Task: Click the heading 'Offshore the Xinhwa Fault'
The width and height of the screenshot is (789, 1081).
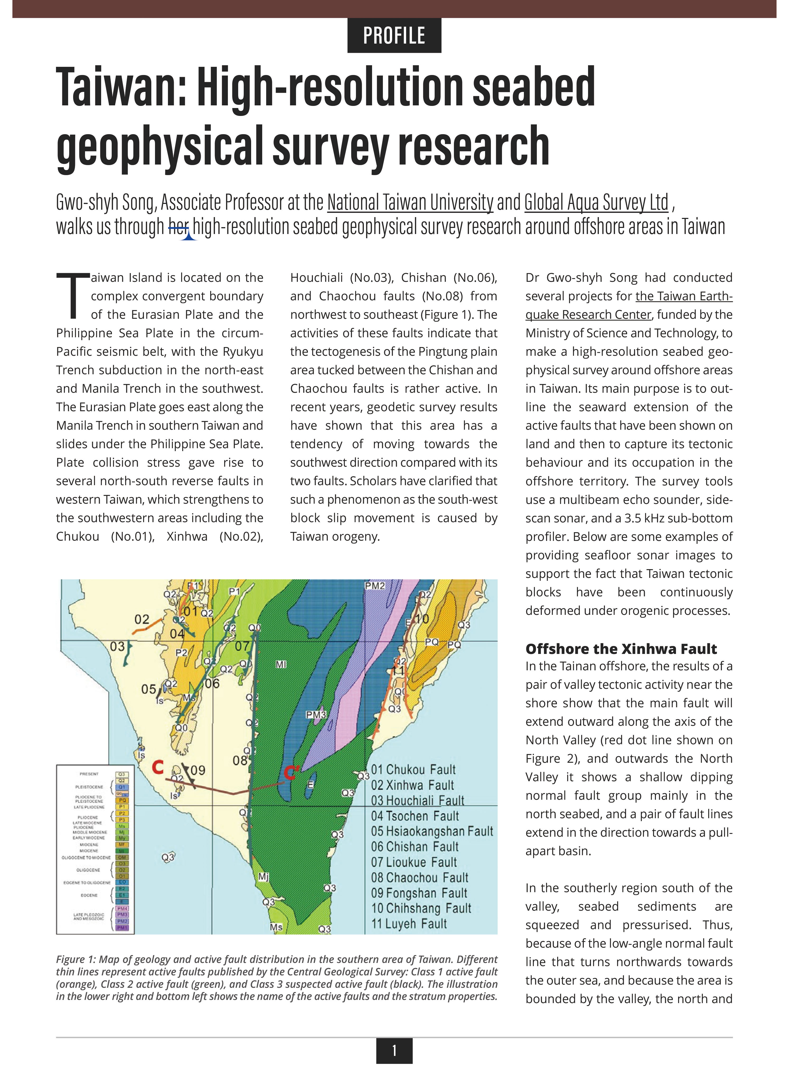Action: [x=621, y=649]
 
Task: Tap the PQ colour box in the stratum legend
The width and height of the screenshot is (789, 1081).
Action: [x=122, y=800]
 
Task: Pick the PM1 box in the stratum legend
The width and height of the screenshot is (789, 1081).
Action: [x=122, y=927]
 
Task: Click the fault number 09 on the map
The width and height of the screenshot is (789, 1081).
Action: [x=198, y=770]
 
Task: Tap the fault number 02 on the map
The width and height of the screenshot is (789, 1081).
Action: [x=142, y=620]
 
